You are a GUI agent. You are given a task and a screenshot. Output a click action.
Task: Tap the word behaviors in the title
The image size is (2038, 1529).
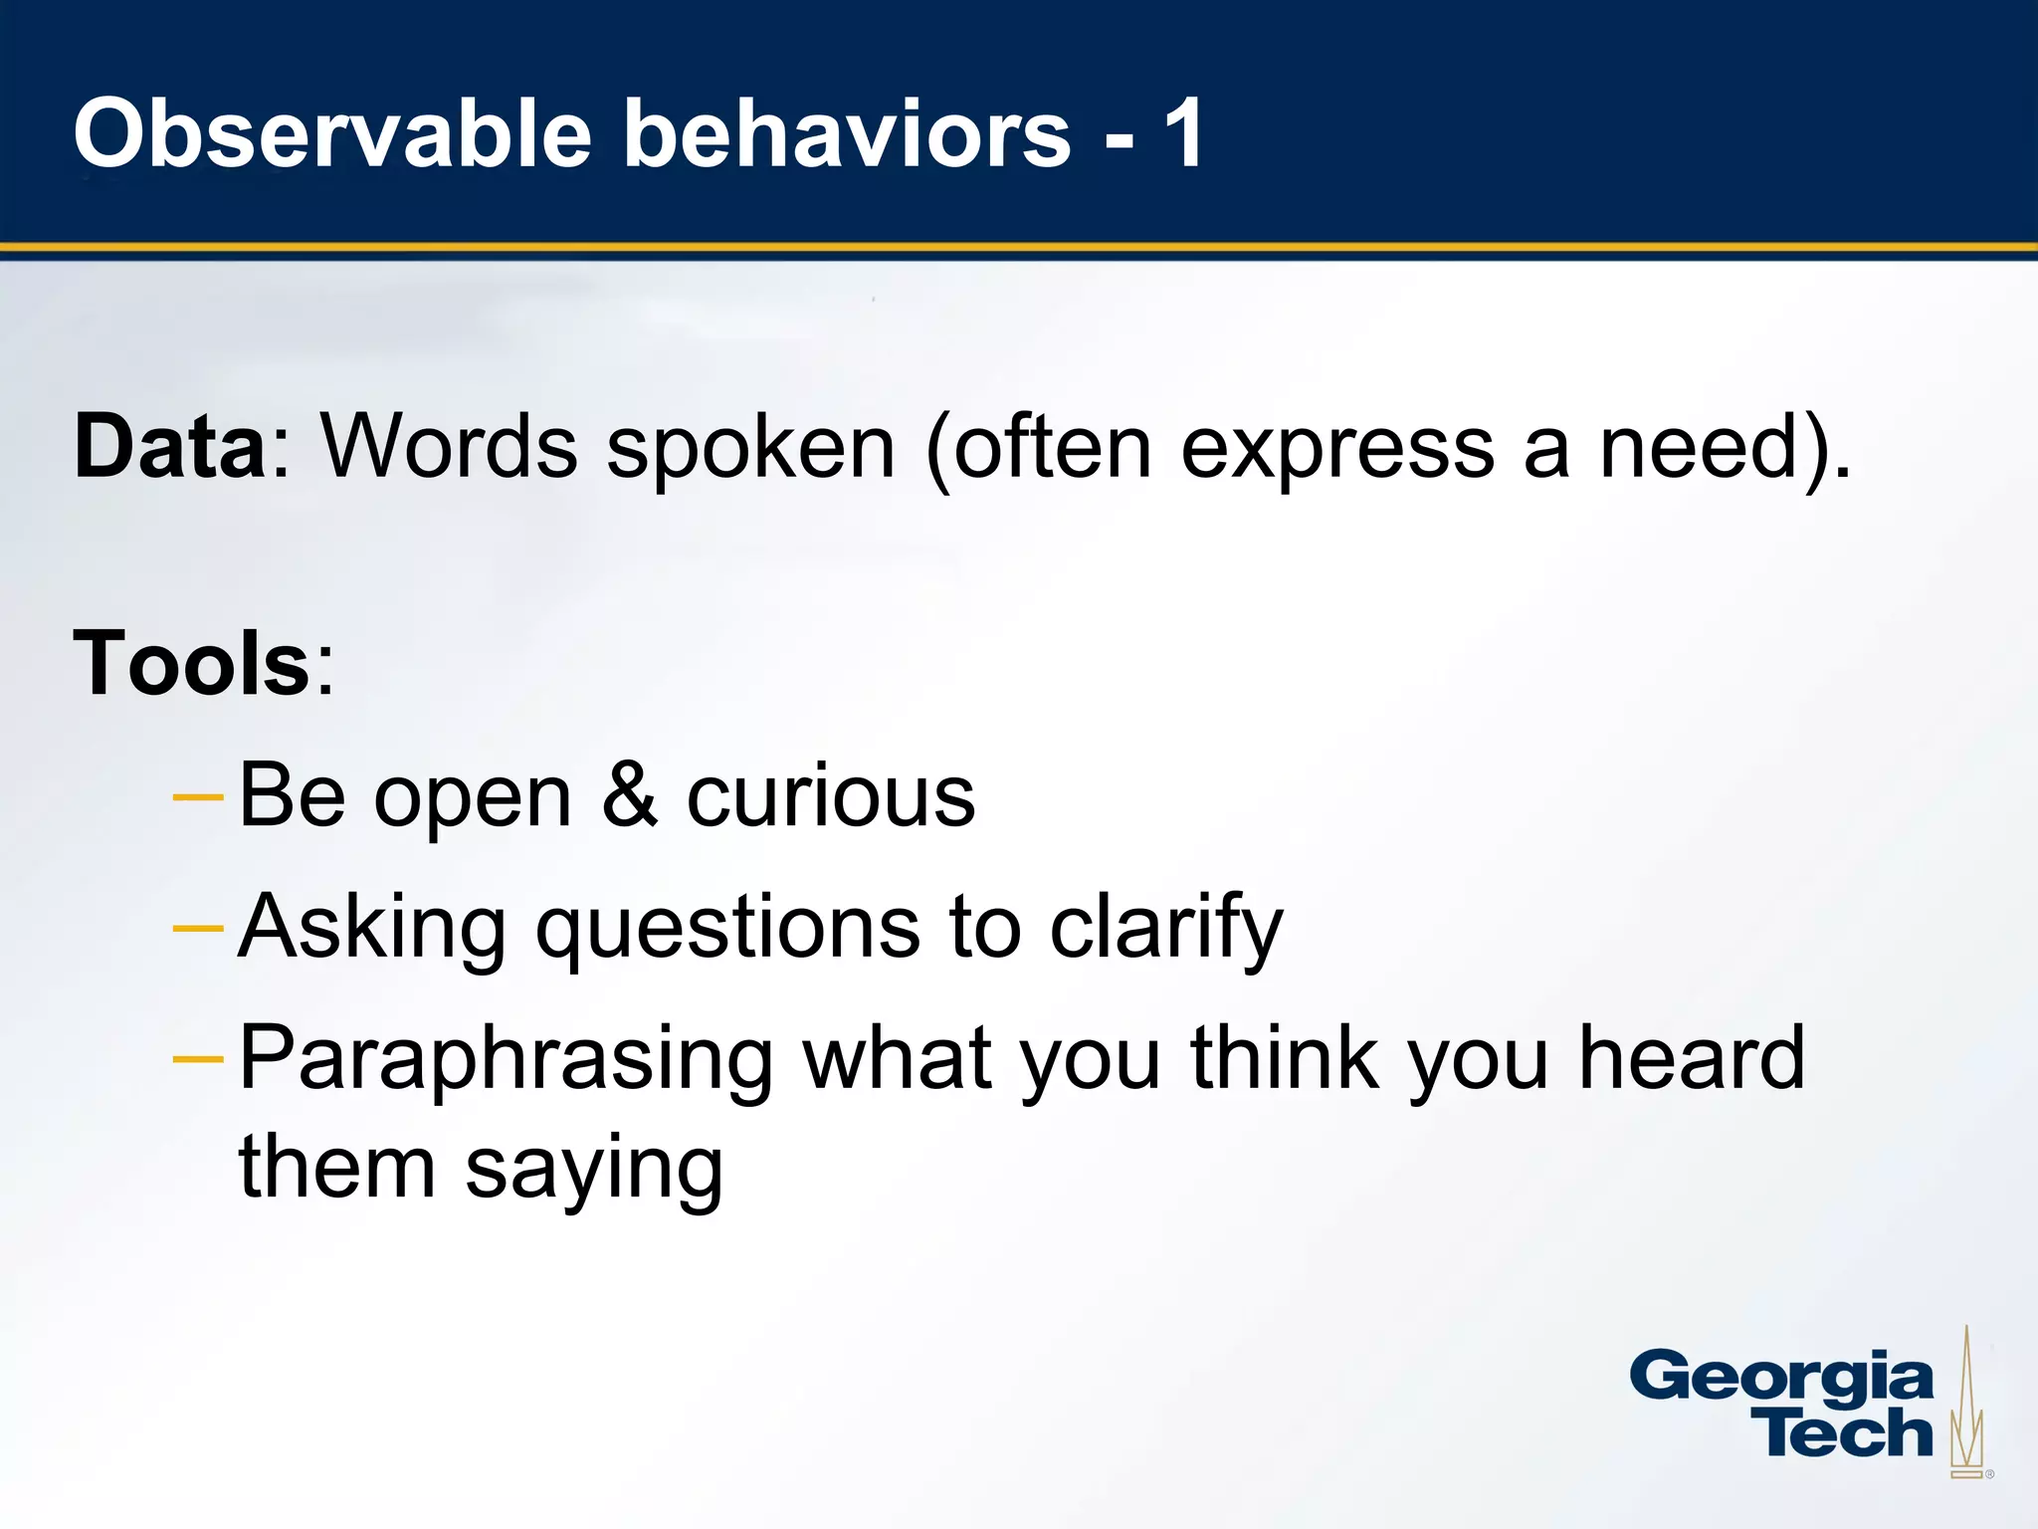pos(847,134)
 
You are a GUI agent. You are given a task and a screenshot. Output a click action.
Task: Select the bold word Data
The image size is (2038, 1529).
pos(169,447)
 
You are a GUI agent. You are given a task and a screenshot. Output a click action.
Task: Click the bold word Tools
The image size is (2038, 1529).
pos(192,664)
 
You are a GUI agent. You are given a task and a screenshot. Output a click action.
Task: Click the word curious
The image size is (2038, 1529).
pos(831,797)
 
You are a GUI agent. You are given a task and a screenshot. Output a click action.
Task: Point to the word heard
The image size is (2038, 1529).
pos(1692,1058)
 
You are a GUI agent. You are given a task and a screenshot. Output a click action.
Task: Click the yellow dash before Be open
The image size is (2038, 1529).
pos(197,796)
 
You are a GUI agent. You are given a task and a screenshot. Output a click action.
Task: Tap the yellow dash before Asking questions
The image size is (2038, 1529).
pos(197,928)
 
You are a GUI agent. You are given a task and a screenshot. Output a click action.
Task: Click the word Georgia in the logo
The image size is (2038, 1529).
pos(1781,1380)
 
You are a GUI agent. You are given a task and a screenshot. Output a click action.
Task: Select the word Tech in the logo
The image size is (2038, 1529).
pos(1847,1433)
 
